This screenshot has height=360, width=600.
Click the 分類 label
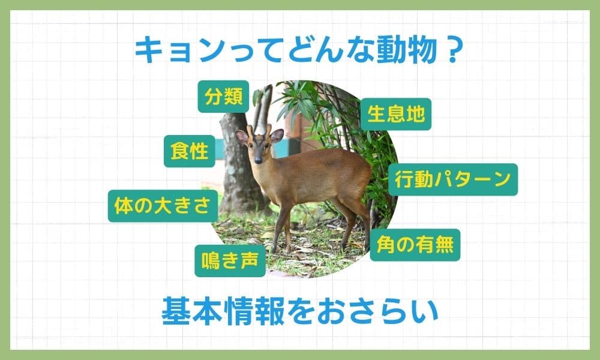pos(223,97)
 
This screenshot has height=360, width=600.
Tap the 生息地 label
pos(395,114)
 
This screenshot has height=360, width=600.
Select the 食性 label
pos(190,151)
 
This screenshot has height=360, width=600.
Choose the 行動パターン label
pos(452,179)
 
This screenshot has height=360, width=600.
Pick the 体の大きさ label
pos(163,206)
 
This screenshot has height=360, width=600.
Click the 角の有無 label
pos(415,245)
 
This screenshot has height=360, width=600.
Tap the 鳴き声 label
pos(230,261)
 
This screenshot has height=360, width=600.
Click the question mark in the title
pos(453,50)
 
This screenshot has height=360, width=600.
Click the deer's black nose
pos(258,160)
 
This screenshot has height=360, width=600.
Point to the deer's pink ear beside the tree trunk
pos(241,137)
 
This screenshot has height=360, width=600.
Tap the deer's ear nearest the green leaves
pos(276,136)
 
